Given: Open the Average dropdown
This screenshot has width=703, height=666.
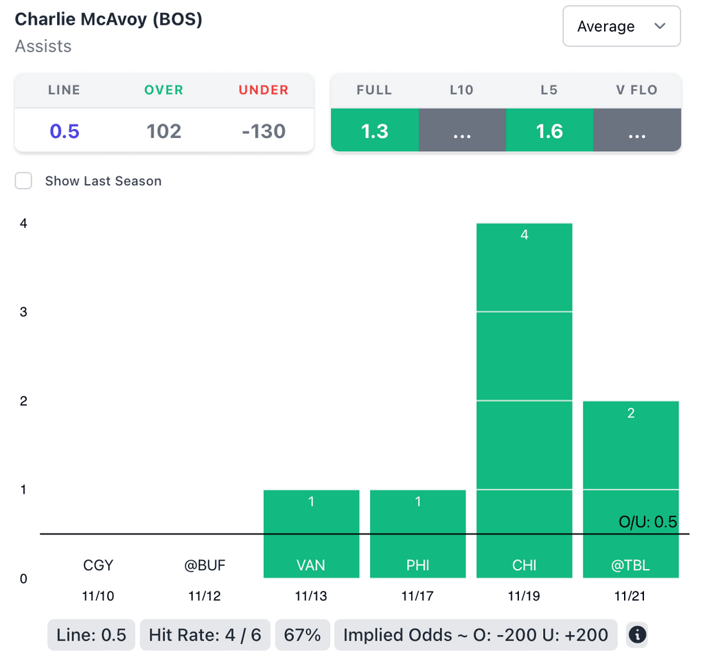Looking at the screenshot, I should coord(621,27).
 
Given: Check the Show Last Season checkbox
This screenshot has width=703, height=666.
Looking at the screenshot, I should coord(24,181).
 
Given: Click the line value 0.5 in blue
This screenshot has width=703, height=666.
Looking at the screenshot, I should coord(65,131).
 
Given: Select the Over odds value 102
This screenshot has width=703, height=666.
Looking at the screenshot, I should coord(164,131).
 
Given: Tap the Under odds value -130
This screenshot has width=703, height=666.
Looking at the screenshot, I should coord(264,131).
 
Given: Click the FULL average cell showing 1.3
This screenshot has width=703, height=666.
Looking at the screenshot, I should coord(375,131).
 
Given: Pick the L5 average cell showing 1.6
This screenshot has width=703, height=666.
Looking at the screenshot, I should coord(549,131).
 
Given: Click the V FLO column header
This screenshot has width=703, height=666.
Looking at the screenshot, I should coord(636,90).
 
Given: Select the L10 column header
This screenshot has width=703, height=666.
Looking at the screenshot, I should coord(462,90).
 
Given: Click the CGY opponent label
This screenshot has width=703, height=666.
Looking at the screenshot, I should coord(98,566).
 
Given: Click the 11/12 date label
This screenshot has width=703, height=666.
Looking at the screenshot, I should coord(205,596).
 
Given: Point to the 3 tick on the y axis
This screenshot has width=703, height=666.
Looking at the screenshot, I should coord(24,312).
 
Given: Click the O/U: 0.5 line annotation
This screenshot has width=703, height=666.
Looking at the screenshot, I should coord(647,523).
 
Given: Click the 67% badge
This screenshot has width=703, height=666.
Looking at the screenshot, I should coord(302,635).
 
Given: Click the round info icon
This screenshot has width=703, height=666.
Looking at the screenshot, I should coord(637,635).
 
